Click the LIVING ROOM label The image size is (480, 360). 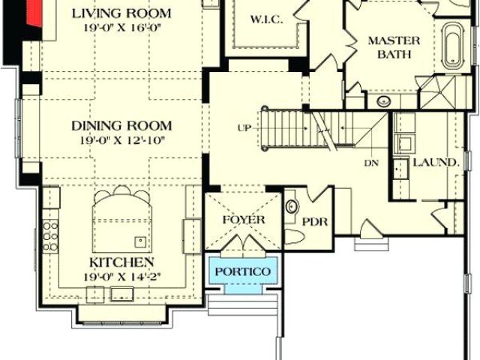coord(121,13)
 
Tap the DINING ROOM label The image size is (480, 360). coord(121,126)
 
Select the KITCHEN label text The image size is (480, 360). coord(121,262)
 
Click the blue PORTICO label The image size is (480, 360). coord(243,271)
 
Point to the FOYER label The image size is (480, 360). coord(244,220)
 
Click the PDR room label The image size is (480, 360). coord(315,222)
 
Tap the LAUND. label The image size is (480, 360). coord(436,163)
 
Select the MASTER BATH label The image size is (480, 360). coord(394,47)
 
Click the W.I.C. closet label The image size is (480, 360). coord(266,19)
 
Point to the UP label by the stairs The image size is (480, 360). coord(244,128)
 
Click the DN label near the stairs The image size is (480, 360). coord(371,163)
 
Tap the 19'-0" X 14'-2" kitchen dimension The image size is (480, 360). coord(122,277)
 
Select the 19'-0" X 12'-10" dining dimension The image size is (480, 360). coord(122,141)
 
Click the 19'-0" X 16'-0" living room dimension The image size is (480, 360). coord(122,28)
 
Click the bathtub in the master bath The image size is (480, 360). coord(452,46)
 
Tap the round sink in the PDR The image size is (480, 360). coord(292,206)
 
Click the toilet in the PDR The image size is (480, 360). coord(294,237)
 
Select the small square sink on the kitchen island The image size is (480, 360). coord(140,242)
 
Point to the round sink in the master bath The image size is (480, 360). coord(383,101)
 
